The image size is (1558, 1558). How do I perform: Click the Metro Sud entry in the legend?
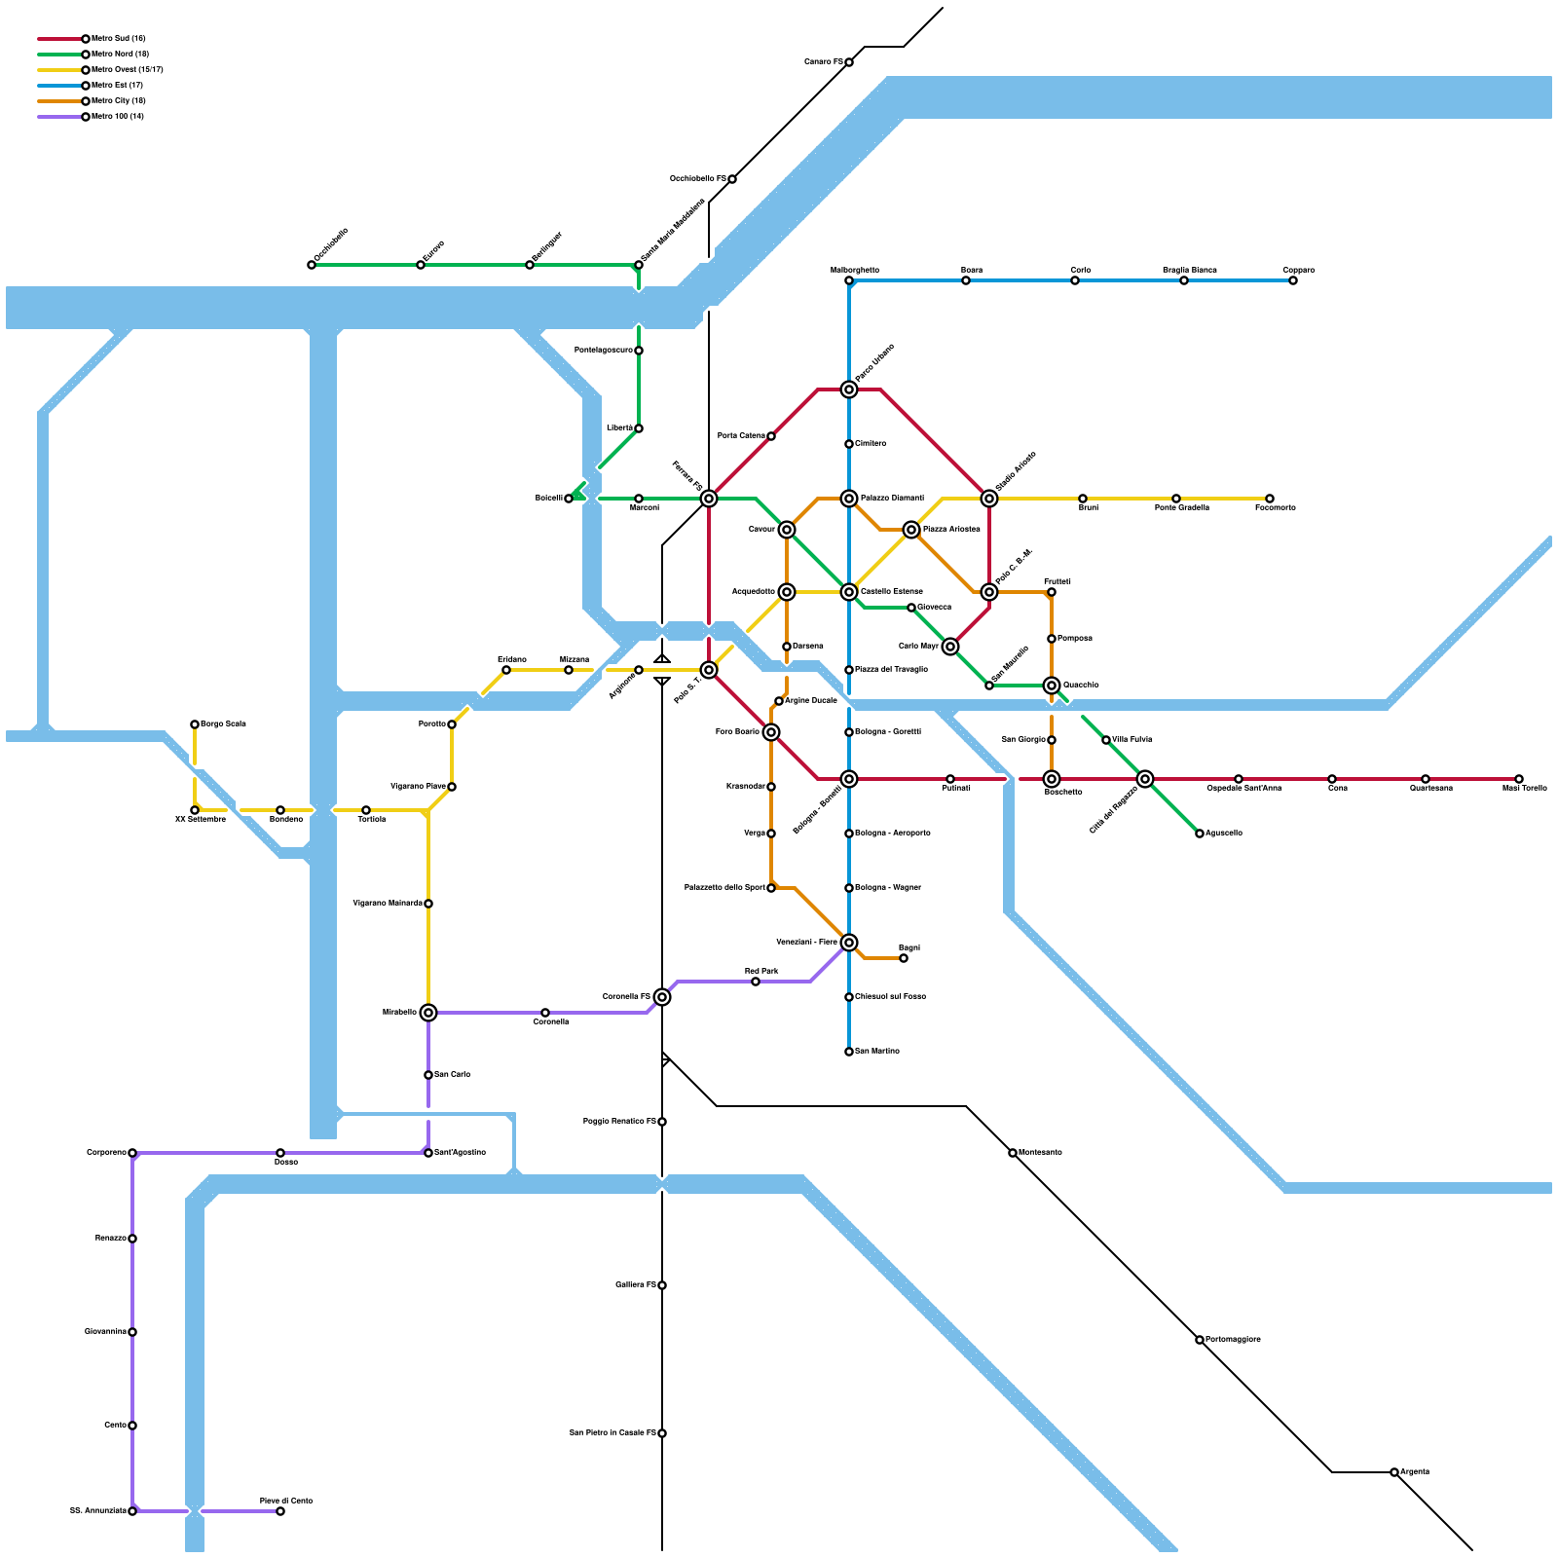point(118,39)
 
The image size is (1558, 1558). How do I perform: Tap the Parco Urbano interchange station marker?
point(849,389)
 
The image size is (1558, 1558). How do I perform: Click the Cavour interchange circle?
point(787,530)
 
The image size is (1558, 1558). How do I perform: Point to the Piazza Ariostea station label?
point(951,530)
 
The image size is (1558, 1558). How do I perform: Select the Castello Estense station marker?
point(849,592)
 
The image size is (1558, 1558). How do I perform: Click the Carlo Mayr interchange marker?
point(950,647)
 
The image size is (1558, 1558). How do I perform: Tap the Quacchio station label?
point(1081,685)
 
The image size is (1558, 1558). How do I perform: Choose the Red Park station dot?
point(756,982)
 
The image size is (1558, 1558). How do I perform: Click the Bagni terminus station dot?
point(904,958)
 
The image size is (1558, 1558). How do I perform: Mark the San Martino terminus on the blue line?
point(849,1052)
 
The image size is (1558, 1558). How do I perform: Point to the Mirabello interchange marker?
point(428,1013)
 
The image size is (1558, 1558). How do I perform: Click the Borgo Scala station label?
point(223,723)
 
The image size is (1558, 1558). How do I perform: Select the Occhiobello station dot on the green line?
point(312,265)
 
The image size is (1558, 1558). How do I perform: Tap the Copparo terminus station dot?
point(1293,280)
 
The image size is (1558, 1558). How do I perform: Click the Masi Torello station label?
point(1524,788)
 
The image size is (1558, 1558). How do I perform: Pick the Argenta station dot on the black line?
point(1394,1472)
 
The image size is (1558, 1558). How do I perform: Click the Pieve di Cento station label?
point(286,1501)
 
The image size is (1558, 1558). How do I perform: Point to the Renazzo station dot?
point(132,1239)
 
